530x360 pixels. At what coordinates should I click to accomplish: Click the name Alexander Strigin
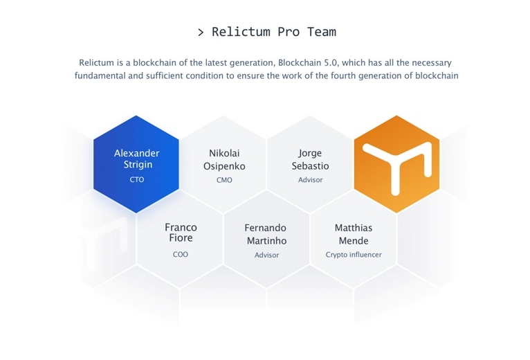[x=136, y=159]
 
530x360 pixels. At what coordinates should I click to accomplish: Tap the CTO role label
[x=137, y=180]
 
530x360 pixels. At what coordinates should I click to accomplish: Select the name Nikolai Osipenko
[x=224, y=160]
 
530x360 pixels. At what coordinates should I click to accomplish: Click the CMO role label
[x=224, y=180]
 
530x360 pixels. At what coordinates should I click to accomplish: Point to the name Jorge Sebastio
[x=310, y=159]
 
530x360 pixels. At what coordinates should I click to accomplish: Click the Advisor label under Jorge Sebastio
[x=310, y=180]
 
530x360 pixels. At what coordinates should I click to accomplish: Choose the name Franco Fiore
[x=181, y=233]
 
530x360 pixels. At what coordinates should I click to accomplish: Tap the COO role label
[x=181, y=255]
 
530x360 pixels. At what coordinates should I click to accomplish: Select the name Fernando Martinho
[x=266, y=234]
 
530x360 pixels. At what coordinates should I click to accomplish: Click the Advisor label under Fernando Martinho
[x=266, y=255]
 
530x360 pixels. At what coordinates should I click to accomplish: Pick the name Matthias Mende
[x=354, y=234]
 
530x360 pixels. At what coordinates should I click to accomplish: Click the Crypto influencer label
[x=354, y=255]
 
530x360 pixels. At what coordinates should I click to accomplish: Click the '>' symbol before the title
[x=201, y=33]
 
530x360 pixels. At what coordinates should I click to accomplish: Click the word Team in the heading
[x=322, y=32]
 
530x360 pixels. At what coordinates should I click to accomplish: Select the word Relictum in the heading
[x=241, y=32]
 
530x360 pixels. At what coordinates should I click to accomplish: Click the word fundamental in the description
[x=100, y=75]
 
